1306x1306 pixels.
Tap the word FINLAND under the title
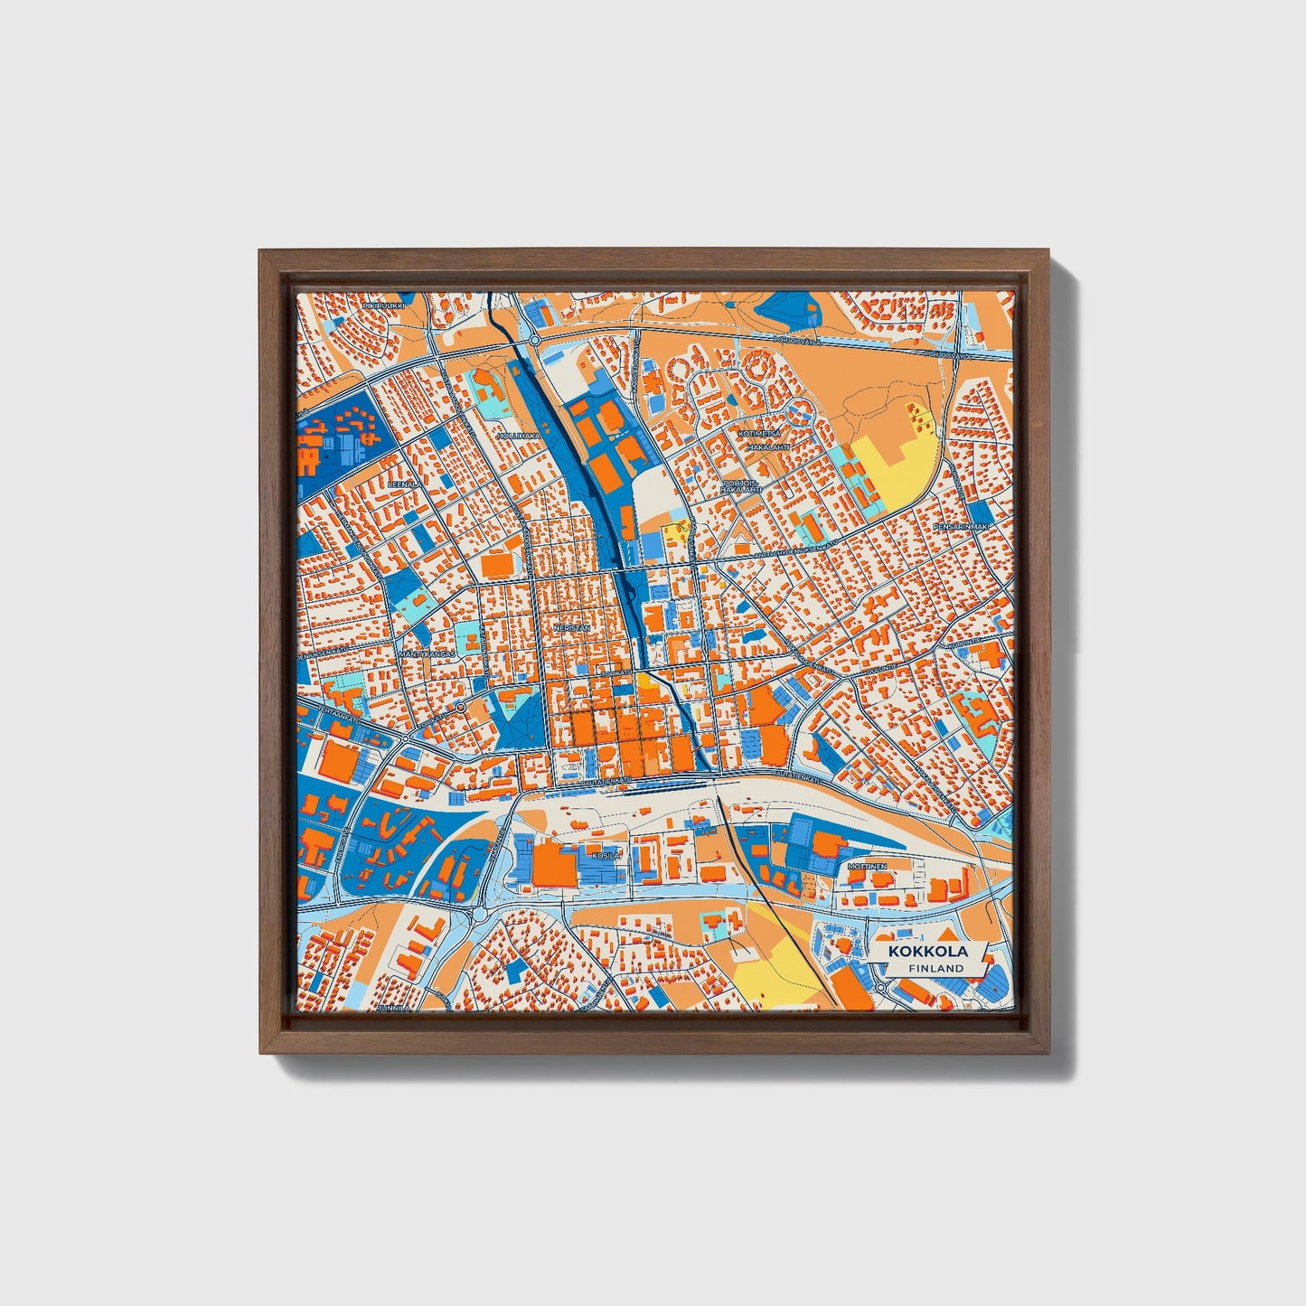click(x=936, y=968)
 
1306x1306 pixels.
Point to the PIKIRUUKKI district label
click(x=382, y=306)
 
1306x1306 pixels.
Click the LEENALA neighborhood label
click(x=404, y=484)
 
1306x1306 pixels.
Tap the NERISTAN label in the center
click(x=572, y=626)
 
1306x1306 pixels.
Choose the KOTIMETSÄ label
click(x=757, y=434)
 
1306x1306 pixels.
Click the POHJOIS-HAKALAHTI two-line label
click(x=742, y=486)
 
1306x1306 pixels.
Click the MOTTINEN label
click(x=867, y=867)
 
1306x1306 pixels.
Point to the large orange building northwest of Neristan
click(x=497, y=564)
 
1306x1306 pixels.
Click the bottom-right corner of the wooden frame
click(x=1050, y=1054)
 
